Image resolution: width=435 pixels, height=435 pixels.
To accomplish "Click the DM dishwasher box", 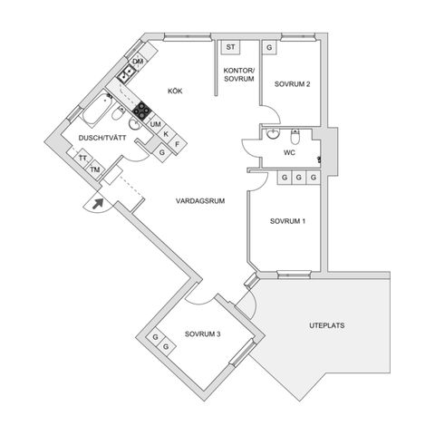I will pyautogui.click(x=138, y=62).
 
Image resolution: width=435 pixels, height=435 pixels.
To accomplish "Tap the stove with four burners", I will pyautogui.click(x=141, y=111).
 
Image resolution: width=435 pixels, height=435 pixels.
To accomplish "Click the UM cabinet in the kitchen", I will pyautogui.click(x=155, y=124).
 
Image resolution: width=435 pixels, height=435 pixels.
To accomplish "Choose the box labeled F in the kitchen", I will pyautogui.click(x=178, y=143).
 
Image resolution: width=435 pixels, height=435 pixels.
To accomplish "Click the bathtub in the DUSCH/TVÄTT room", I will pyautogui.click(x=95, y=115).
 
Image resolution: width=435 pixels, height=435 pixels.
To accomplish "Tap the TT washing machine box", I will pyautogui.click(x=82, y=159).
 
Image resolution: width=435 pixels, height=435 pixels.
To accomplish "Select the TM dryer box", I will pyautogui.click(x=93, y=169).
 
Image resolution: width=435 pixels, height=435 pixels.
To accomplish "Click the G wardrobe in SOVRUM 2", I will pyautogui.click(x=270, y=46).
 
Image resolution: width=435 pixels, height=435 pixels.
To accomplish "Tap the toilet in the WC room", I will pyautogui.click(x=295, y=135).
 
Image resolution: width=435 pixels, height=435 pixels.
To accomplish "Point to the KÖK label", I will pyautogui.click(x=175, y=91).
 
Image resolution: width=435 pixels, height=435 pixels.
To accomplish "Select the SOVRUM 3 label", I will pyautogui.click(x=203, y=334).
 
